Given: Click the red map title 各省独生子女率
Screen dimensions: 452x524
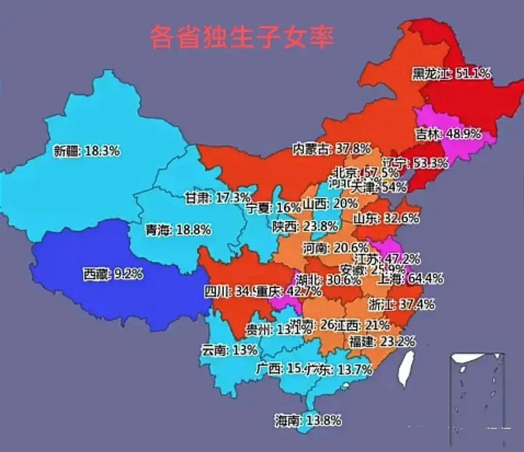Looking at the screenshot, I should pyautogui.click(x=241, y=37).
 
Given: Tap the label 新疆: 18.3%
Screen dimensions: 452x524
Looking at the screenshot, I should pyautogui.click(x=87, y=151).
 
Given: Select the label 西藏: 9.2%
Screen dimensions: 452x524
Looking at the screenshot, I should pyautogui.click(x=113, y=274).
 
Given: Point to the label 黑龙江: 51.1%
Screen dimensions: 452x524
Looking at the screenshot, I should pyautogui.click(x=451, y=73).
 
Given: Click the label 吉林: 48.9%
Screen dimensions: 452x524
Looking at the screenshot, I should pyautogui.click(x=448, y=134).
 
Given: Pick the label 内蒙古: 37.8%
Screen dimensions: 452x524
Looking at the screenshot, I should pyautogui.click(x=332, y=149).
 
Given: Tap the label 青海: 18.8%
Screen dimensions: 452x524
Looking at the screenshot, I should pyautogui.click(x=178, y=230).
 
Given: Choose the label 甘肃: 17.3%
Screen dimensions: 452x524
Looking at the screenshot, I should pyautogui.click(x=218, y=198).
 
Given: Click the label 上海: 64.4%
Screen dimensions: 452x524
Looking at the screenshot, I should pyautogui.click(x=410, y=279).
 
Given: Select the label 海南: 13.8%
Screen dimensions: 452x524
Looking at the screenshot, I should pyautogui.click(x=308, y=421).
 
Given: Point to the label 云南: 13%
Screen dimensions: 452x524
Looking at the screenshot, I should pyautogui.click(x=229, y=350).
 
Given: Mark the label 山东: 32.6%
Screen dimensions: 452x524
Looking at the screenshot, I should pyautogui.click(x=386, y=218).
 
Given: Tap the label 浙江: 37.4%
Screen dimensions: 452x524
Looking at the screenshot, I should pyautogui.click(x=401, y=304).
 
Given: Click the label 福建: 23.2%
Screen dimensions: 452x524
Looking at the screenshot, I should pyautogui.click(x=382, y=341).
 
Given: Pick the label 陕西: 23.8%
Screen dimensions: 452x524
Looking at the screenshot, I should pyautogui.click(x=305, y=226).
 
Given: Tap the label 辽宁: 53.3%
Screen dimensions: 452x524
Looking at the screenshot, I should pyautogui.click(x=415, y=163).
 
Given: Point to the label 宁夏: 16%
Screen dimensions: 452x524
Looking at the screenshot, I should pyautogui.click(x=274, y=208).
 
